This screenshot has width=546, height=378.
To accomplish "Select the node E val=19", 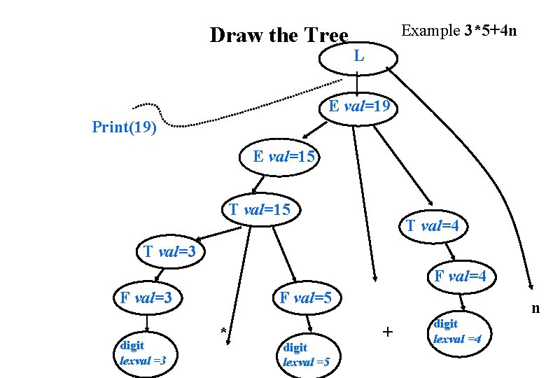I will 359,107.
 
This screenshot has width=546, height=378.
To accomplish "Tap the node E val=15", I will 283,157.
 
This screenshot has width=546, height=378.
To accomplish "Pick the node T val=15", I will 260,209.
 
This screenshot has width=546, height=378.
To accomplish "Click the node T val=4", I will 433,225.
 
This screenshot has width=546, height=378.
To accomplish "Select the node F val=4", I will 460,276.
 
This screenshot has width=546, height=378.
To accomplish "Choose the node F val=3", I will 146,297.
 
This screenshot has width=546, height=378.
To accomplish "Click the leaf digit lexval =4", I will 457,331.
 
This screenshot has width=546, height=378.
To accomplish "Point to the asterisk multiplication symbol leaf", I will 223,331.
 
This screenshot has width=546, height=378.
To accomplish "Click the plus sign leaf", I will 388,331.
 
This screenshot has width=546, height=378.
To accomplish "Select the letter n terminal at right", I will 535,308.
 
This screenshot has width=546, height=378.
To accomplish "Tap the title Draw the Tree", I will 279,35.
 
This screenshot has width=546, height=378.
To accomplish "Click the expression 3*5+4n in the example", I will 490,31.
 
